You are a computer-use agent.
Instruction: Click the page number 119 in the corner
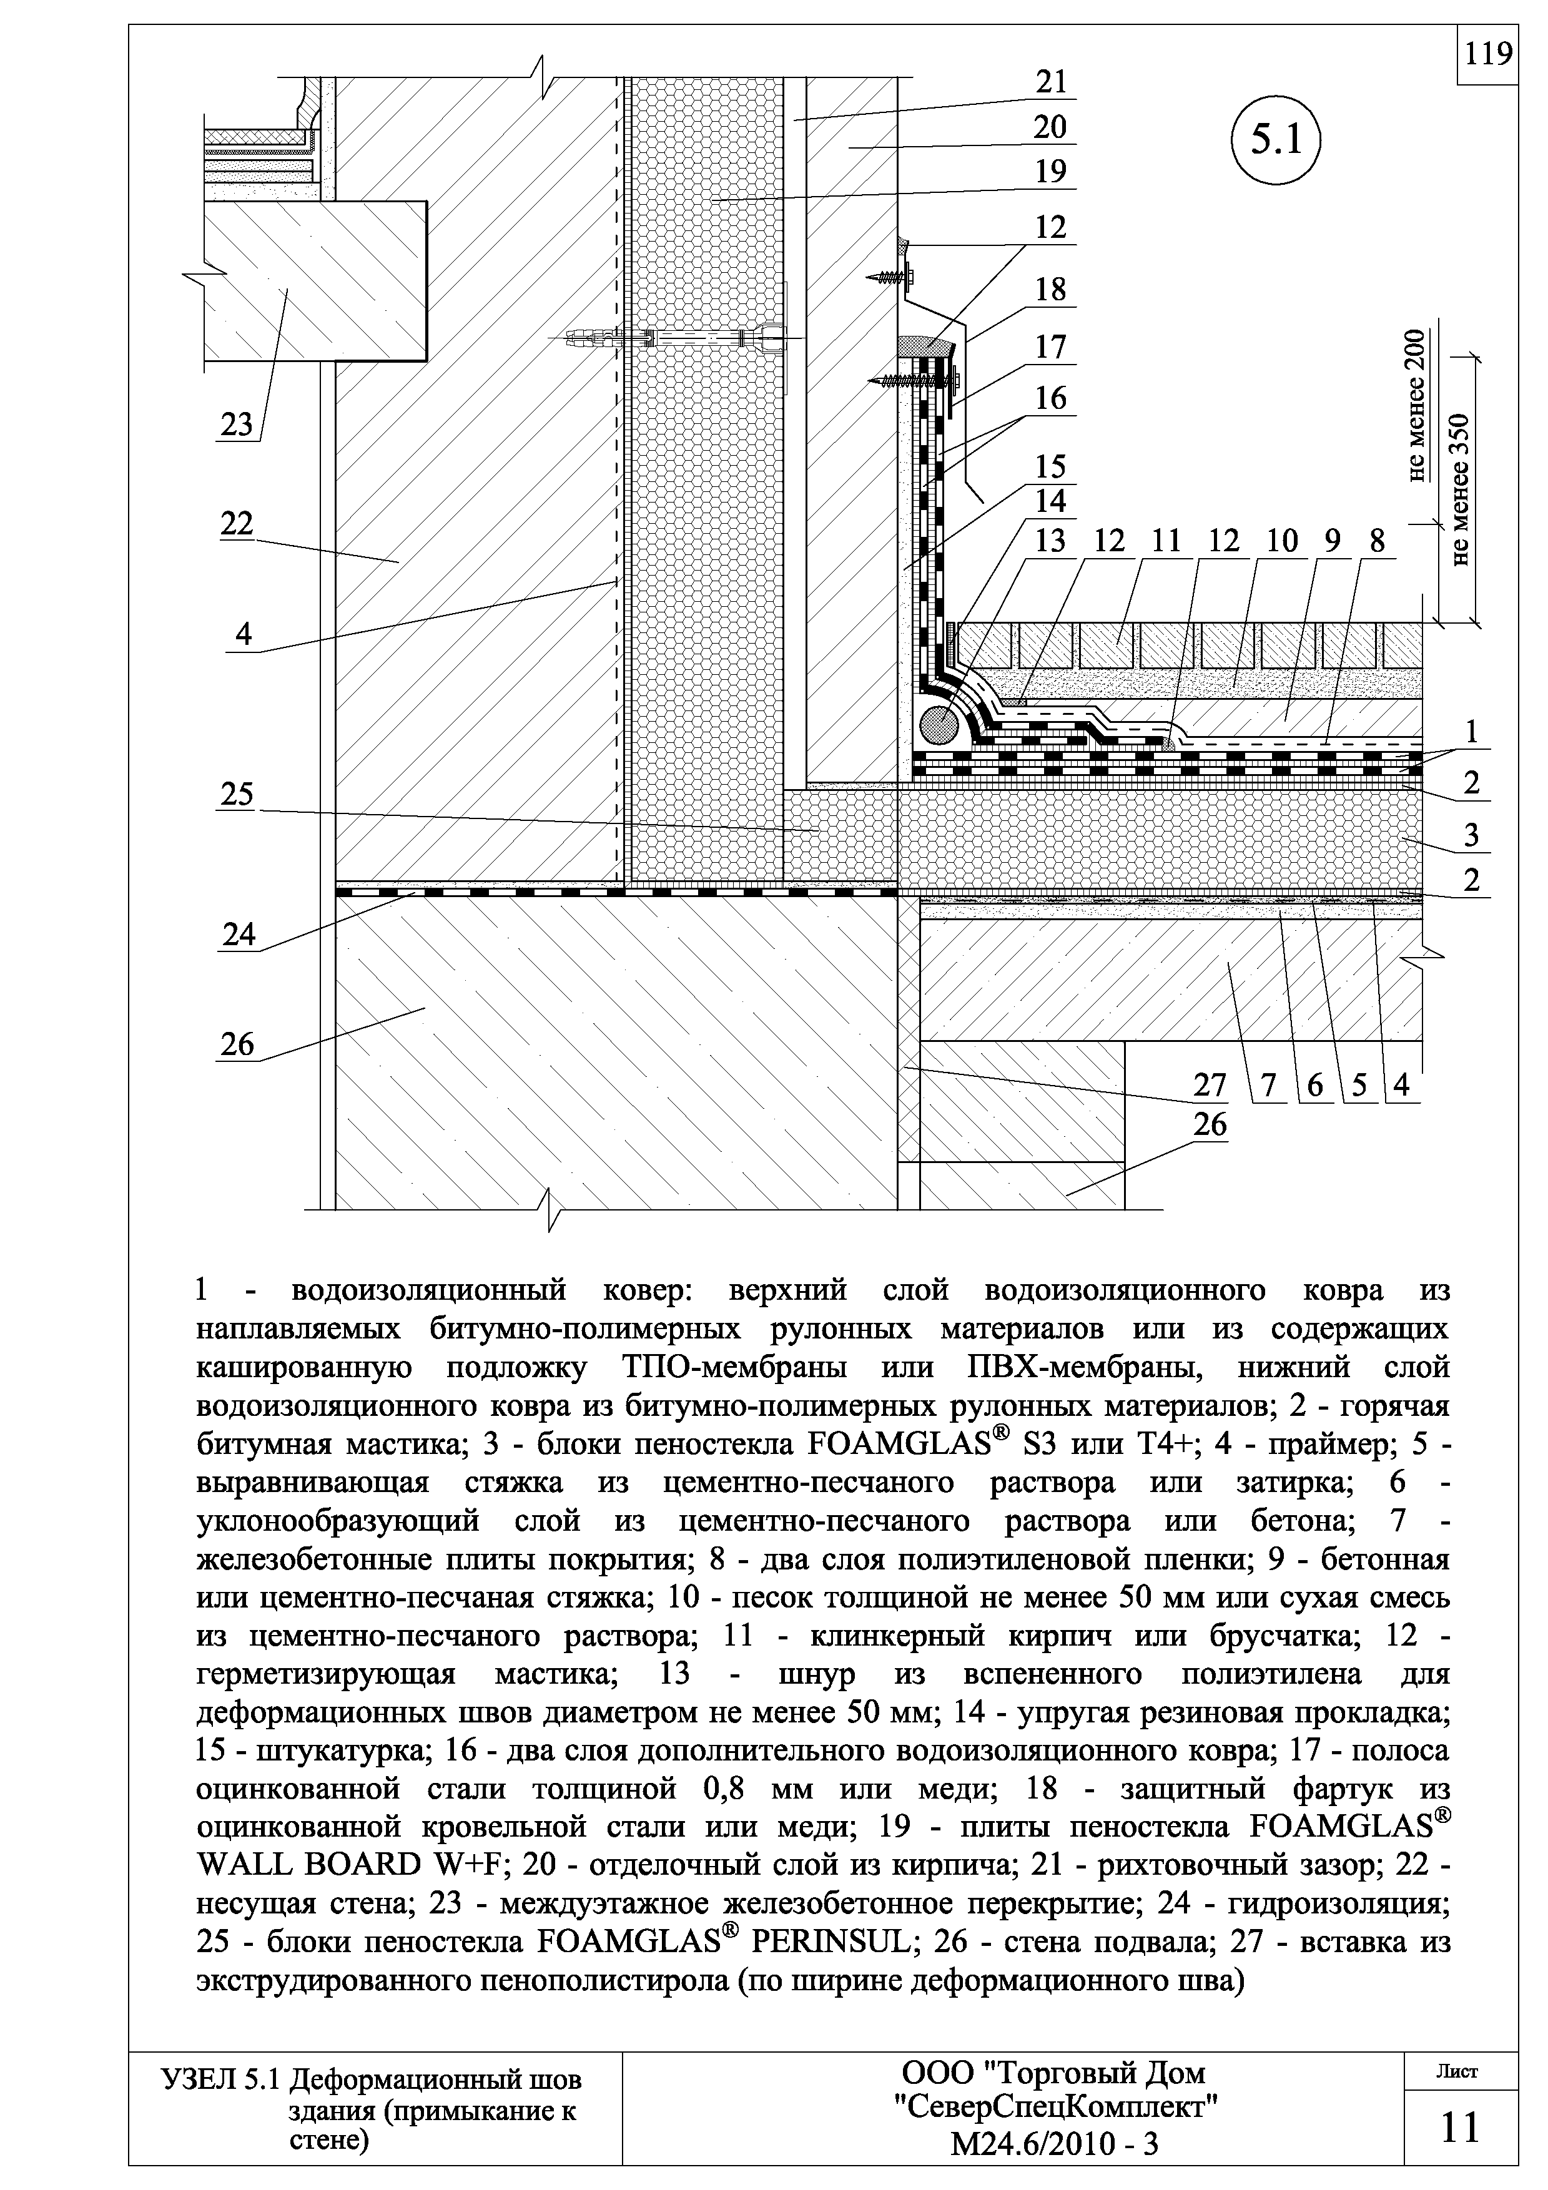pyautogui.click(x=1488, y=54)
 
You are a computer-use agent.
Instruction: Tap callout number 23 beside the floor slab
pyautogui.click(x=237, y=425)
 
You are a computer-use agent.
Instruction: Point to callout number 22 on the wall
pyautogui.click(x=237, y=524)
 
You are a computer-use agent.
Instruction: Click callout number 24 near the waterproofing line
pyautogui.click(x=239, y=935)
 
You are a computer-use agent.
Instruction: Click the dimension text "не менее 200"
pyautogui.click(x=1419, y=405)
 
